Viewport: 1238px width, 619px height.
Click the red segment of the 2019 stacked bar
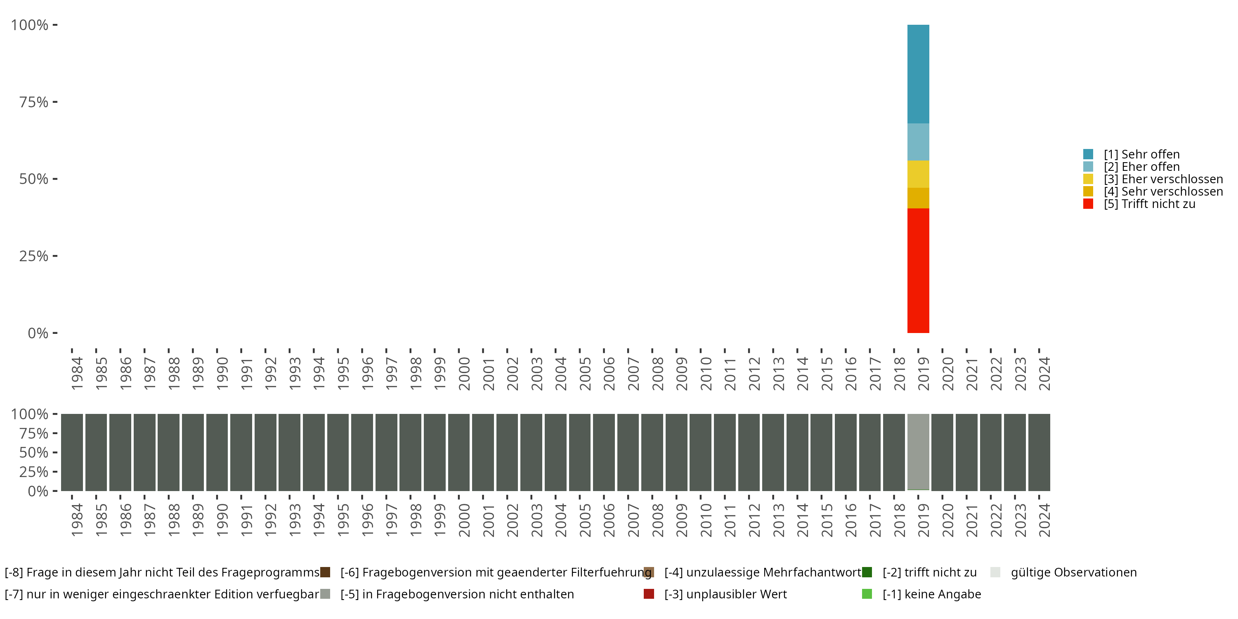click(918, 270)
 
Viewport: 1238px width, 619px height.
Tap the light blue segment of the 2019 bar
click(918, 142)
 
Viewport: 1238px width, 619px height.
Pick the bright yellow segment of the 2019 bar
click(918, 174)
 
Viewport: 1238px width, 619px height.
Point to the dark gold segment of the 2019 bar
click(918, 198)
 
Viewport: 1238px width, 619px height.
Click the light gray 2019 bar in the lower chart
click(918, 451)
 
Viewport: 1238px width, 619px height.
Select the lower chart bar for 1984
click(72, 452)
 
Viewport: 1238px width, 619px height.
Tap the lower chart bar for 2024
click(1039, 452)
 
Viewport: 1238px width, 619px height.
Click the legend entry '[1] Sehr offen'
click(1141, 154)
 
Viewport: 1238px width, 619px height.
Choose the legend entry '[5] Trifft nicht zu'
click(1149, 204)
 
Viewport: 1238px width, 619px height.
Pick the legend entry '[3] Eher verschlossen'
click(1163, 179)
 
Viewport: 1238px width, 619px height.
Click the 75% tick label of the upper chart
click(34, 102)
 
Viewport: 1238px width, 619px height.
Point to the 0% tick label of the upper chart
click(38, 333)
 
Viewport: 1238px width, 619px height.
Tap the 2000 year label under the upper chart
click(464, 373)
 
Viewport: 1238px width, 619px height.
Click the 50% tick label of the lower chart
click(34, 452)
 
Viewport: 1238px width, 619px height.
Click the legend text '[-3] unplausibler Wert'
click(725, 594)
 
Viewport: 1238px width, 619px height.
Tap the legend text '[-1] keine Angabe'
click(931, 594)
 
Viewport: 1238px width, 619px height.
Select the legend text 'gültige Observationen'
click(1074, 572)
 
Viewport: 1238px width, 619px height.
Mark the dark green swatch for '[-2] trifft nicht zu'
click(867, 572)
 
